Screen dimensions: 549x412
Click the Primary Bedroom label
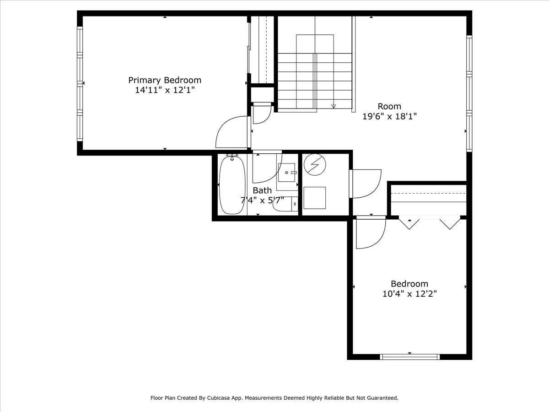point(165,80)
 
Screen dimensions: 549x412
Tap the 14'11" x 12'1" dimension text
point(165,90)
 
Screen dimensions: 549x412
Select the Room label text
point(389,106)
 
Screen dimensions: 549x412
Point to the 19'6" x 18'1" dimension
point(390,116)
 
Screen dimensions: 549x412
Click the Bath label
point(262,190)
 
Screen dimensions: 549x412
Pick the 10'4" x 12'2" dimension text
point(409,294)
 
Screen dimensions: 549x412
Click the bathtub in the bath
point(232,184)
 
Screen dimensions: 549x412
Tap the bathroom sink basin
point(287,173)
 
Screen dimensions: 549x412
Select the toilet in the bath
point(285,204)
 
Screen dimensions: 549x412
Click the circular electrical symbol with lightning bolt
point(315,164)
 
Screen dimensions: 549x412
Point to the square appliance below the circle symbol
point(315,198)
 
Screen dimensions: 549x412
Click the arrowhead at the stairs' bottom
point(334,107)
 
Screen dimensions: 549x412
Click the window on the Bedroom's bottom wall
point(409,357)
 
